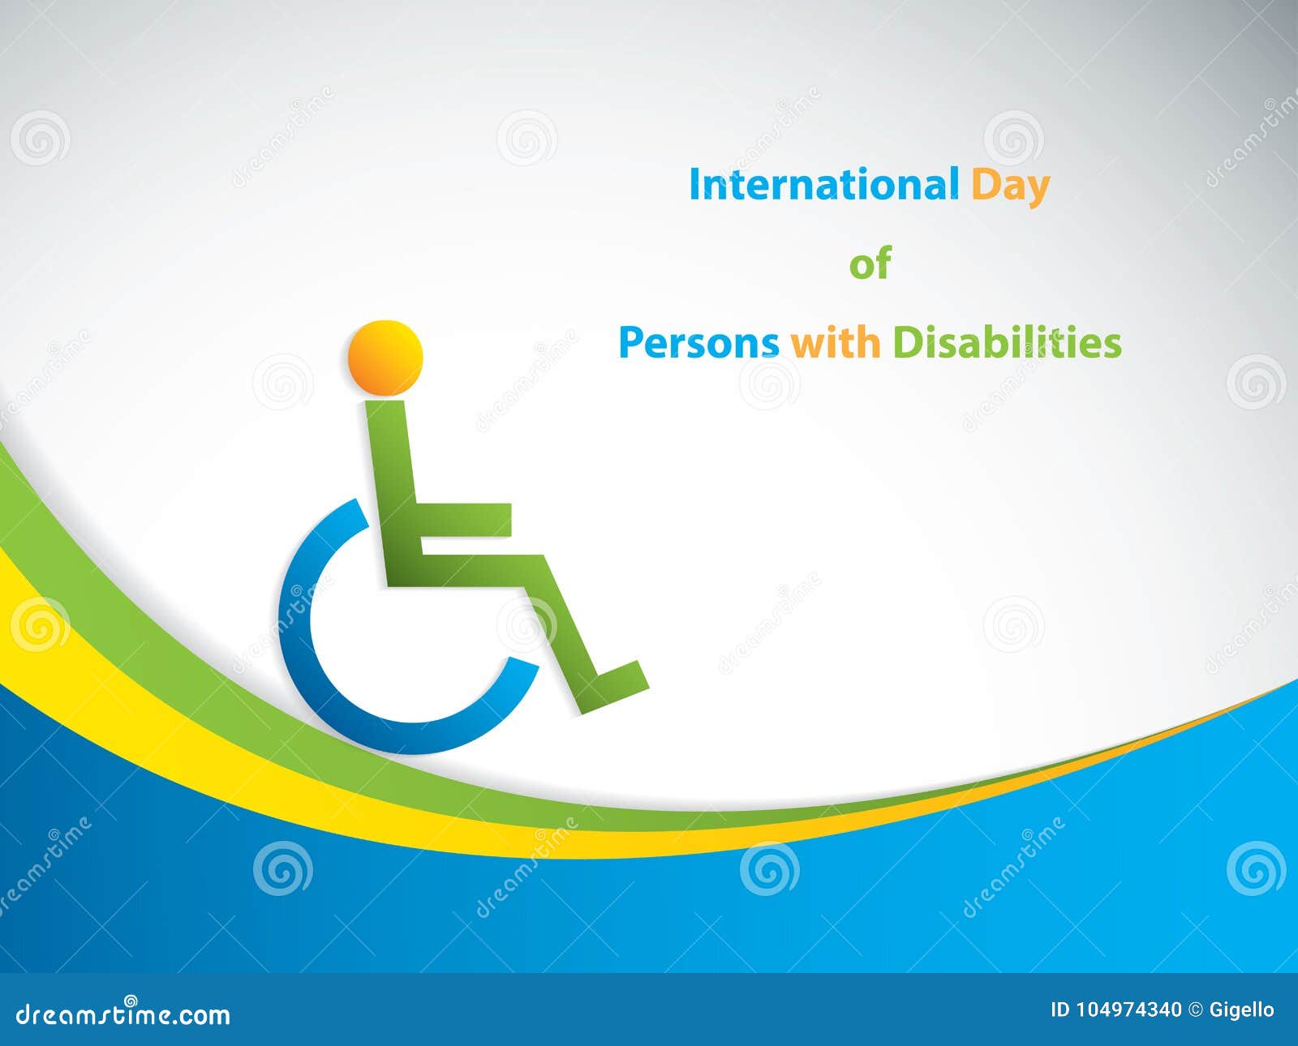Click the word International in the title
[x=823, y=185]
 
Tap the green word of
[x=870, y=264]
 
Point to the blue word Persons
[x=698, y=343]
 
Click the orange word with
[x=836, y=342]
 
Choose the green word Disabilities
[x=1007, y=342]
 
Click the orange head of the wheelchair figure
[x=385, y=358]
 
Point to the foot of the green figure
[x=621, y=681]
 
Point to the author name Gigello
[x=1241, y=1010]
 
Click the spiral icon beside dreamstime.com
[x=131, y=1001]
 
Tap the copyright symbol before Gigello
[x=1195, y=1010]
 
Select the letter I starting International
[x=694, y=185]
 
